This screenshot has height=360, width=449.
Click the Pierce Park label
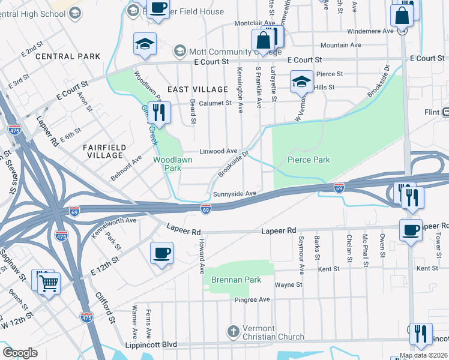pos(309,160)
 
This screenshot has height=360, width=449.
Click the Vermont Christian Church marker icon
pos(234,331)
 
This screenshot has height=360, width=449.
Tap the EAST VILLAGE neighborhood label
pos(197,89)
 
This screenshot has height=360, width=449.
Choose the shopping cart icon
pos(49,283)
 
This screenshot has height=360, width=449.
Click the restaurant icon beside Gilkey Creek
pos(159,112)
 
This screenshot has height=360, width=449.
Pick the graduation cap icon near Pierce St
pos(301,82)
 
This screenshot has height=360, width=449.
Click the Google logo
pos(20,353)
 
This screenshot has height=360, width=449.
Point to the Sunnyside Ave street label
pos(235,194)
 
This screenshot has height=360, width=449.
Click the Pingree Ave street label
pos(253,299)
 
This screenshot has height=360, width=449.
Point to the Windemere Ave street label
pos(372,31)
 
